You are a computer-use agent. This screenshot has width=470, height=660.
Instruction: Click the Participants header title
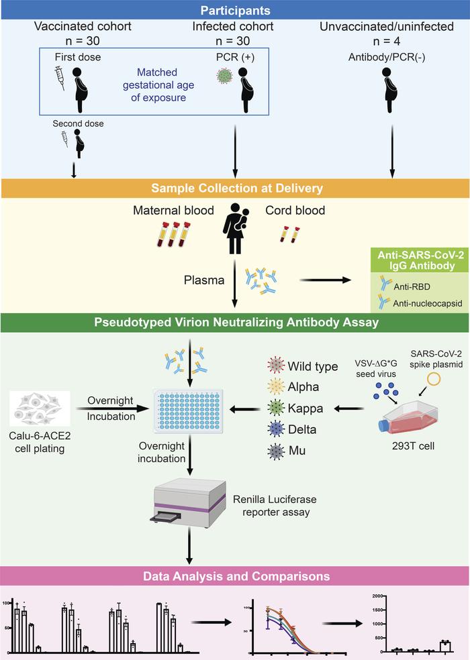coord(235,11)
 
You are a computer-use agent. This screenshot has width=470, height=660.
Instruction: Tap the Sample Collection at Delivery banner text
coord(235,187)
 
